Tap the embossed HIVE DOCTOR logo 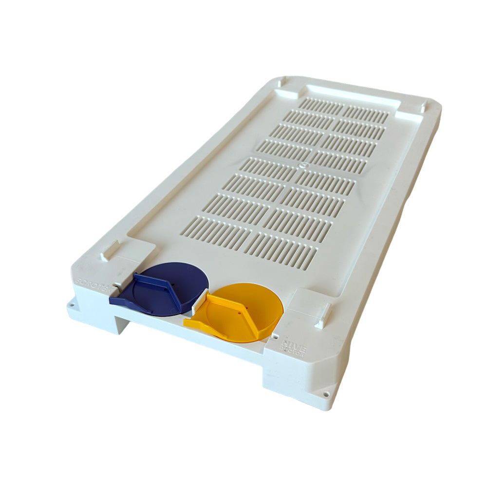point(293,350)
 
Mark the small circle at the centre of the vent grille point(302,166)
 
